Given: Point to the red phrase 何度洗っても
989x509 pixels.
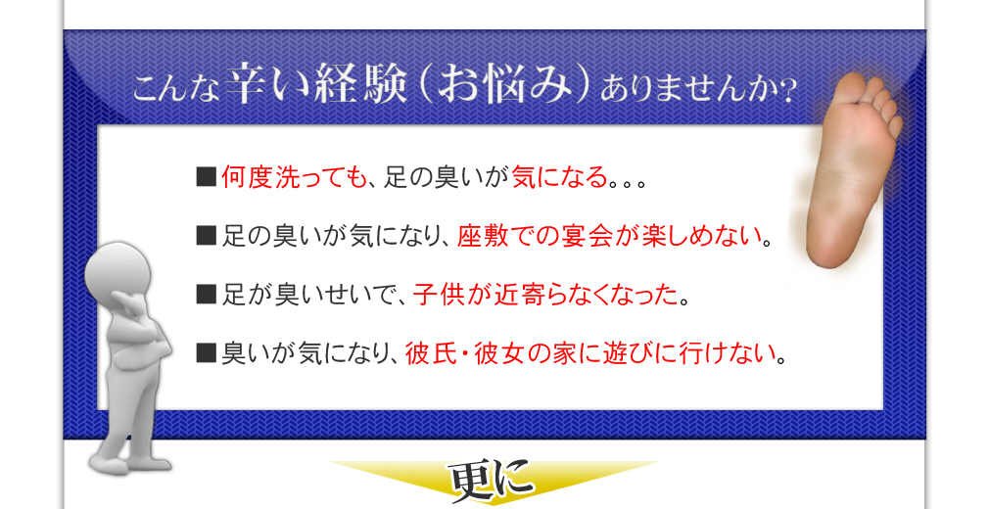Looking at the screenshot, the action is coord(295,178).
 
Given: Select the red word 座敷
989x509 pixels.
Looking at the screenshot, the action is coord(483,237).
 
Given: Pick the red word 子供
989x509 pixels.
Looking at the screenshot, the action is coord(439,295).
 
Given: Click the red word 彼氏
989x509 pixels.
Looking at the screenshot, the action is coord(430,353).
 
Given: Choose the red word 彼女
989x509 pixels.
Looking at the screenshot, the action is coord(499,353).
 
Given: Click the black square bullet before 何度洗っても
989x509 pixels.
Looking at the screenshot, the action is coord(207,178).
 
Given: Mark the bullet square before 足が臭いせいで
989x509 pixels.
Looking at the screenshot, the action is coord(207,295).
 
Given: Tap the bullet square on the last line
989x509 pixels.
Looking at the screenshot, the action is coord(207,353).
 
